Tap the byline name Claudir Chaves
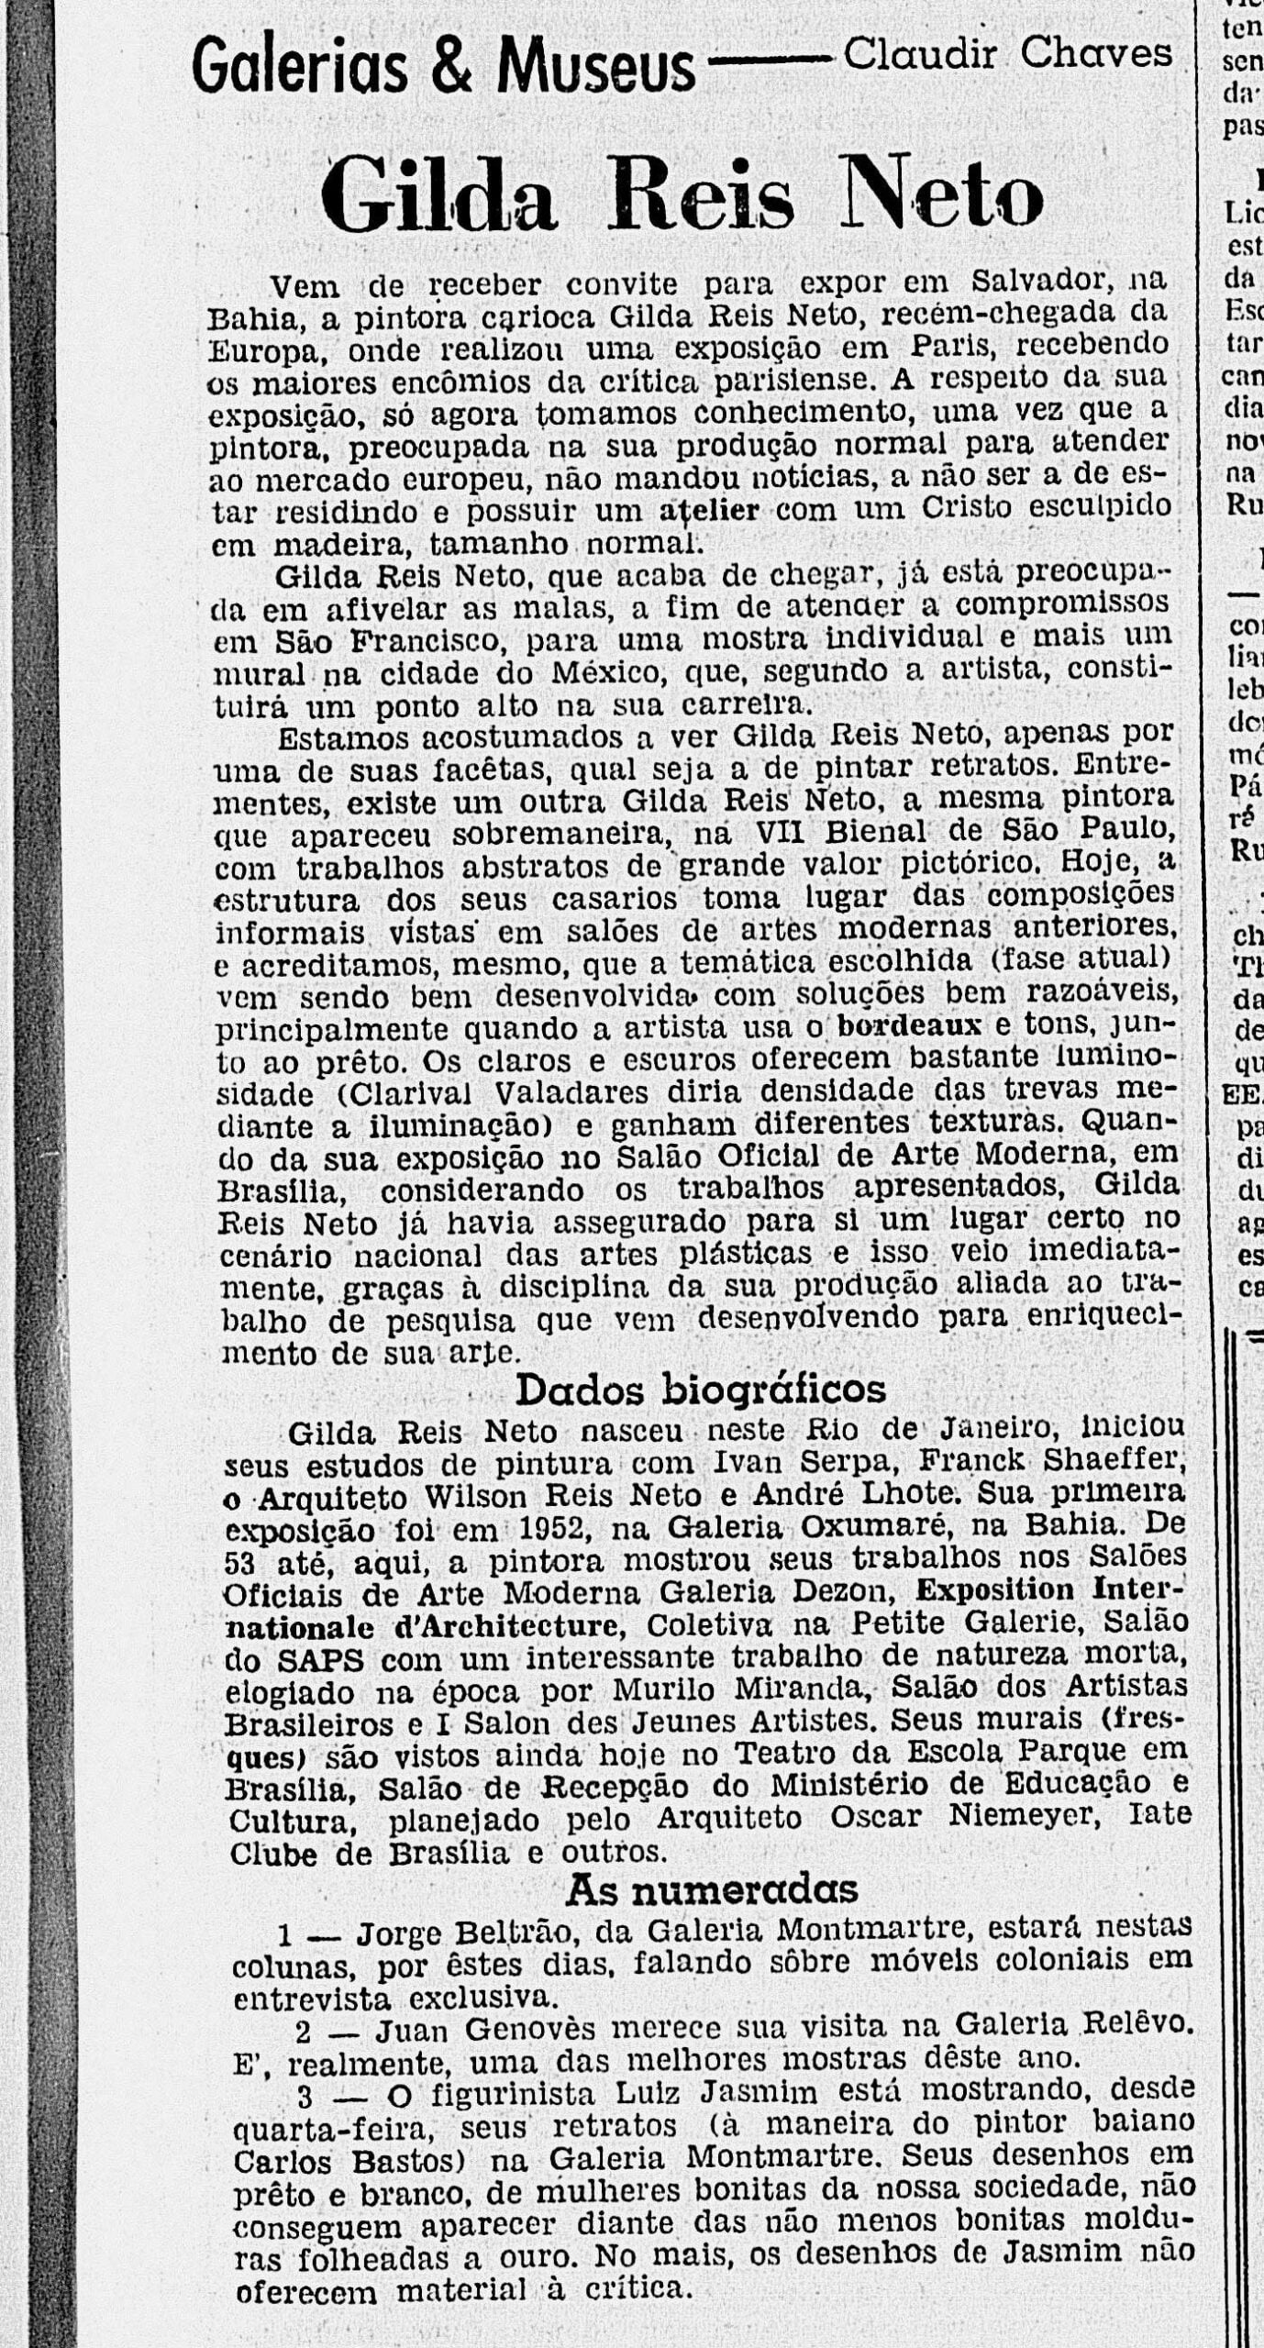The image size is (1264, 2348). pos(1007,54)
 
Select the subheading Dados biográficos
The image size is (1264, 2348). pos(700,1390)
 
